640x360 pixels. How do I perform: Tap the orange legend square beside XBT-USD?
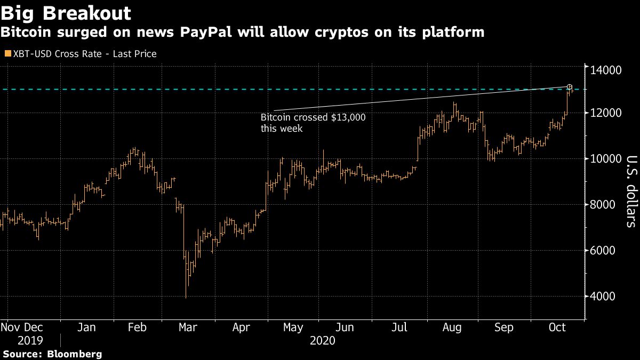pos(6,54)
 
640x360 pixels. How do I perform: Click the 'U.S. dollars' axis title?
pos(630,191)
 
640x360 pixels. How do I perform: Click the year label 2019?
pos(30,341)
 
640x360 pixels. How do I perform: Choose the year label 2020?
pos(322,341)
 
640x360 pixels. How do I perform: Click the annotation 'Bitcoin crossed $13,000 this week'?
pos(313,123)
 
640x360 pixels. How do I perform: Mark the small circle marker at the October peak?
pos(570,87)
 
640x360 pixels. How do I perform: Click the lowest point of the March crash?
pos(186,298)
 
